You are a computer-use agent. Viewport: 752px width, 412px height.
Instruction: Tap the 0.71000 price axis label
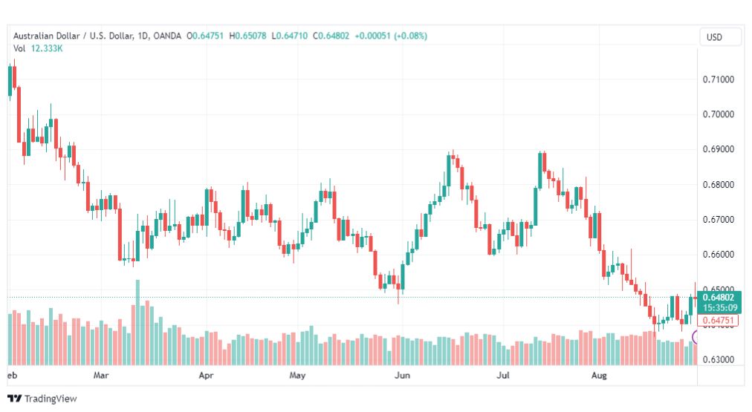click(x=718, y=79)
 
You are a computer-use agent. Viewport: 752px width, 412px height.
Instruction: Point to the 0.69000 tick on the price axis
click(x=718, y=149)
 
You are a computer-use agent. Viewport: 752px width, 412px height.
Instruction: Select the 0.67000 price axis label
click(x=718, y=220)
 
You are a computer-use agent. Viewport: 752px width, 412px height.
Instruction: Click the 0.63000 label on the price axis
click(x=718, y=359)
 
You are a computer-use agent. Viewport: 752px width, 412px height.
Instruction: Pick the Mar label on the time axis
click(x=101, y=375)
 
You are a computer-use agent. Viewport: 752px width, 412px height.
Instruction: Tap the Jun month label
click(x=402, y=375)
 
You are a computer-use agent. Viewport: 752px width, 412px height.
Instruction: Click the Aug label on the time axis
click(x=598, y=375)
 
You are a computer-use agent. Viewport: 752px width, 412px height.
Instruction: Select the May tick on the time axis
click(x=297, y=375)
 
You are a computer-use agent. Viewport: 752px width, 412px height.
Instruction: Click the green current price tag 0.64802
click(x=719, y=298)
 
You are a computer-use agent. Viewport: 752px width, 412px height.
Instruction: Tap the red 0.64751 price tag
click(x=718, y=320)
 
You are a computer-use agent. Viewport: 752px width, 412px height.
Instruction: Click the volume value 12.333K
click(x=47, y=48)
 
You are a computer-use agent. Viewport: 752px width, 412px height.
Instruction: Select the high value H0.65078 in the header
click(x=247, y=36)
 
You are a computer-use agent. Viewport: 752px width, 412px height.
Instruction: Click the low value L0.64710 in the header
click(x=289, y=36)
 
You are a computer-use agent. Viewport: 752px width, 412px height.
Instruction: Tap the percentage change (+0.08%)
click(x=410, y=36)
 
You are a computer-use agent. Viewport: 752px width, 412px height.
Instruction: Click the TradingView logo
click(x=42, y=399)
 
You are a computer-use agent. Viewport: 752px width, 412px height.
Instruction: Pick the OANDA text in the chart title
click(x=167, y=36)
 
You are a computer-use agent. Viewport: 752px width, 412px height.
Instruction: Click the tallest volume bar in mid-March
click(x=137, y=322)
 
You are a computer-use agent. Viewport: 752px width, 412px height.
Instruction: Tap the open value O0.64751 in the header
click(x=205, y=36)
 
